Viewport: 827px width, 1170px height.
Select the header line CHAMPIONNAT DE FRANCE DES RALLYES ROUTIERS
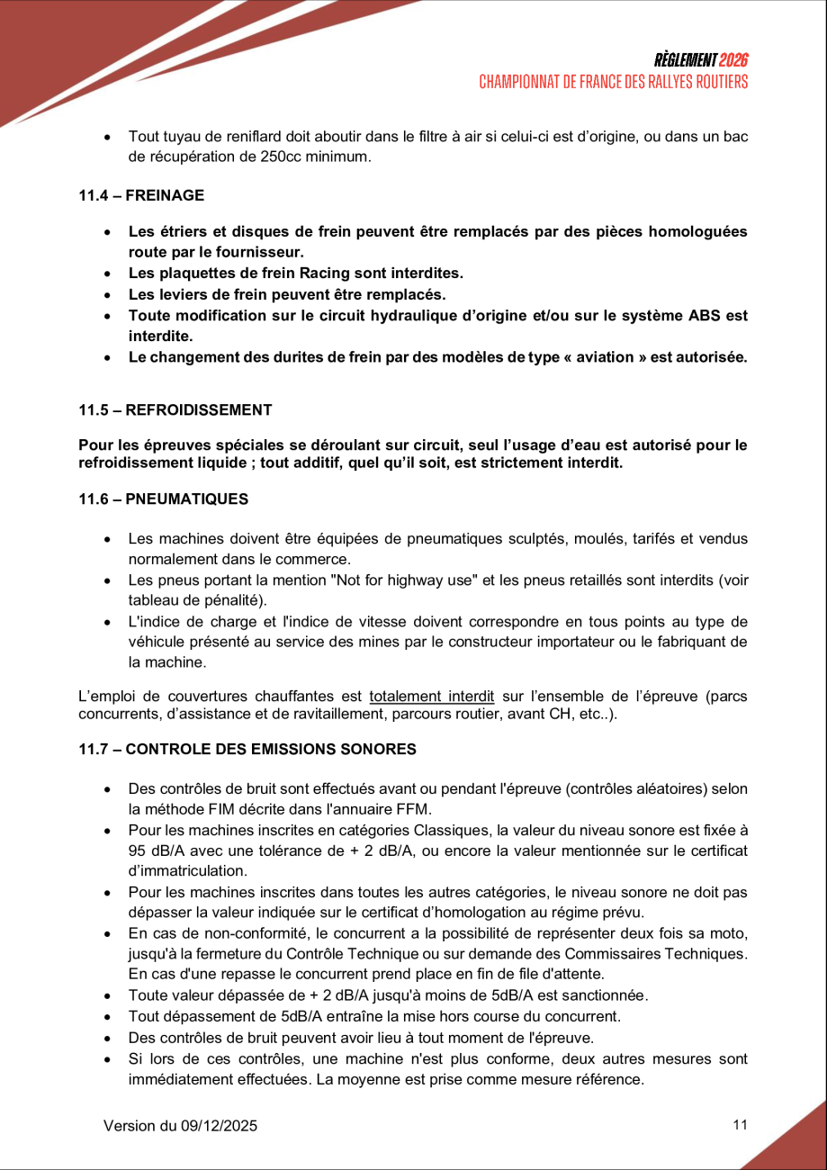pyautogui.click(x=614, y=82)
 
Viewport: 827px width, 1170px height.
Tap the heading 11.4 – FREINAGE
pyautogui.click(x=141, y=195)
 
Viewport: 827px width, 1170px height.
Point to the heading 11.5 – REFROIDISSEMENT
pyautogui.click(x=175, y=409)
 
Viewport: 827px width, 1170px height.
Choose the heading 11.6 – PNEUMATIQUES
pyautogui.click(x=164, y=499)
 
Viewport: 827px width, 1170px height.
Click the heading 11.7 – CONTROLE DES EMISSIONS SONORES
pyautogui.click(x=247, y=749)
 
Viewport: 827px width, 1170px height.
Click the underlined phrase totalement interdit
pyautogui.click(x=432, y=696)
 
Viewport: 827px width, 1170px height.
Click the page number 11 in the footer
pyautogui.click(x=741, y=1124)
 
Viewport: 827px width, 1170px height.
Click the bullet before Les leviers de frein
pyautogui.click(x=108, y=294)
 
